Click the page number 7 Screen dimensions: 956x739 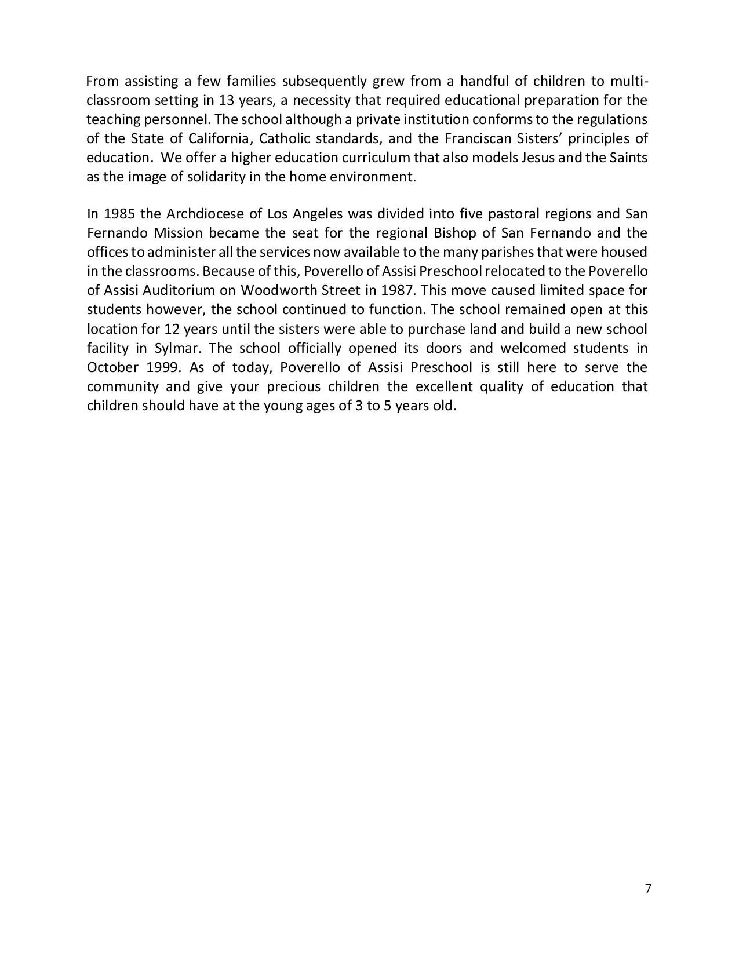point(648,889)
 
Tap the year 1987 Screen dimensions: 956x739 point(396,290)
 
